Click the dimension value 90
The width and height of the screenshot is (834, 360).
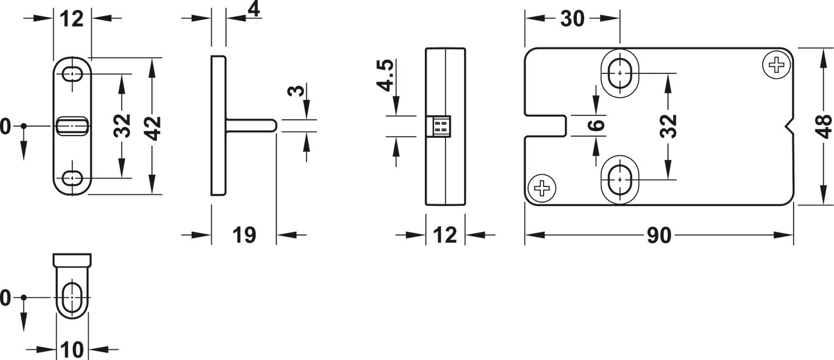tap(659, 235)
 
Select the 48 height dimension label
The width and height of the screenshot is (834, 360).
tap(824, 126)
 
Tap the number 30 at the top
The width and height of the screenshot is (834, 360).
tap(573, 18)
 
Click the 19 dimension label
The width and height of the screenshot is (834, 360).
tap(244, 235)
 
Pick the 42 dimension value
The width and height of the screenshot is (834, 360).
tap(152, 128)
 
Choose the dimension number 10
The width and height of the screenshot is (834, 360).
tap(72, 350)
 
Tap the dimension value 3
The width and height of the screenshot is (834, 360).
tap(296, 91)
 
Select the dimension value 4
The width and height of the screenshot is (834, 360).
tap(254, 10)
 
